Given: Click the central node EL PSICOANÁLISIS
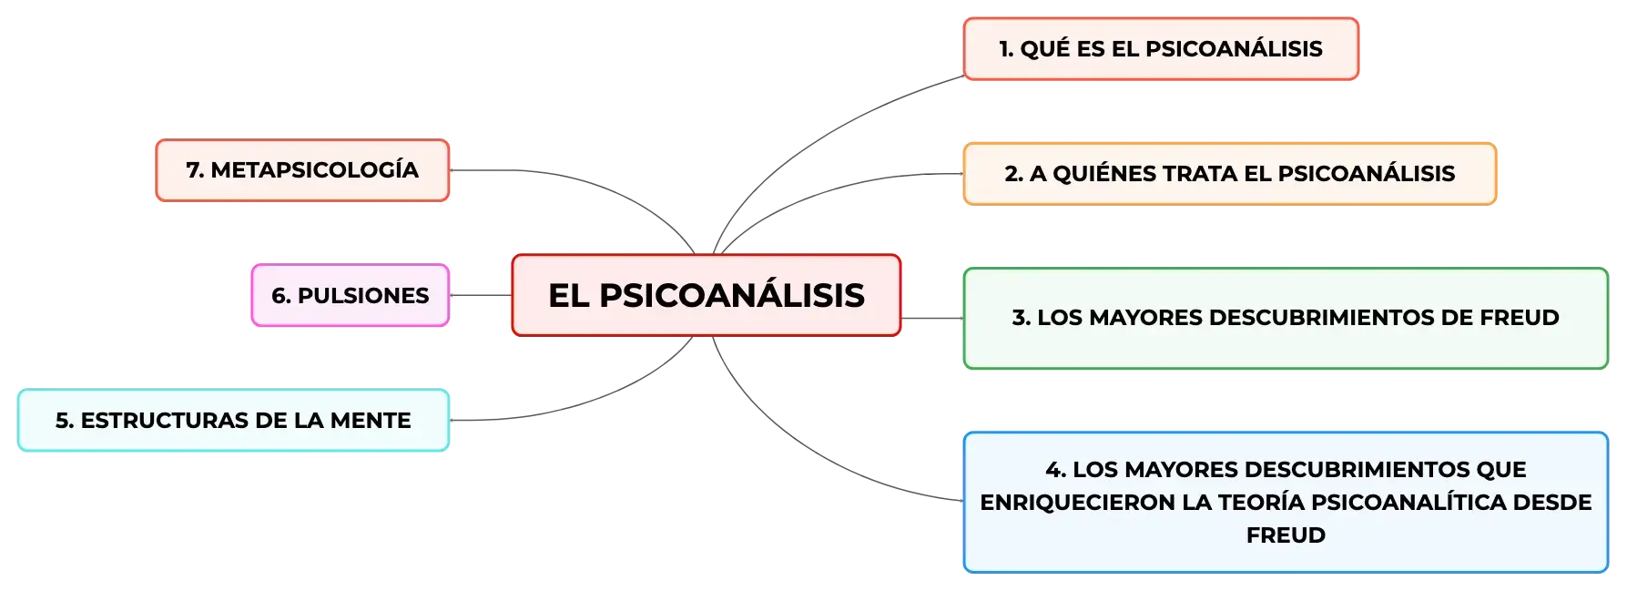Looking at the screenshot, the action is pyautogui.click(x=707, y=295).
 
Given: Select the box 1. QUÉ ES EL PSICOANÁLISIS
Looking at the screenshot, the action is pyautogui.click(x=1161, y=49).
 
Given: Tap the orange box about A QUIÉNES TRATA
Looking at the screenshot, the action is pyautogui.click(x=1230, y=174).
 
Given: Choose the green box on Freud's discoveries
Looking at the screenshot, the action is pyautogui.click(x=1286, y=318).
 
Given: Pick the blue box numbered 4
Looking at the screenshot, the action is pyautogui.click(x=1286, y=502).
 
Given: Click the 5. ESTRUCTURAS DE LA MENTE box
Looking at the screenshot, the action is pyautogui.click(x=234, y=420).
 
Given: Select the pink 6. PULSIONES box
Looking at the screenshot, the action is pyautogui.click(x=351, y=295).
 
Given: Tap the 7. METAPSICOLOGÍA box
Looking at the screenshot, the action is pyautogui.click(x=302, y=170).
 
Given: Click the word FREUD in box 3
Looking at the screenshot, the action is pyautogui.click(x=1520, y=318).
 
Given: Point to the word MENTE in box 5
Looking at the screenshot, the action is pyautogui.click(x=371, y=421).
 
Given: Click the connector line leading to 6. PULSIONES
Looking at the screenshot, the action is pyautogui.click(x=481, y=295).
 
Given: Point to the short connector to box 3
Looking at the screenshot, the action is pyautogui.click(x=932, y=318).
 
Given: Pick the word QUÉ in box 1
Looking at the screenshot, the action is pyautogui.click(x=1044, y=49).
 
